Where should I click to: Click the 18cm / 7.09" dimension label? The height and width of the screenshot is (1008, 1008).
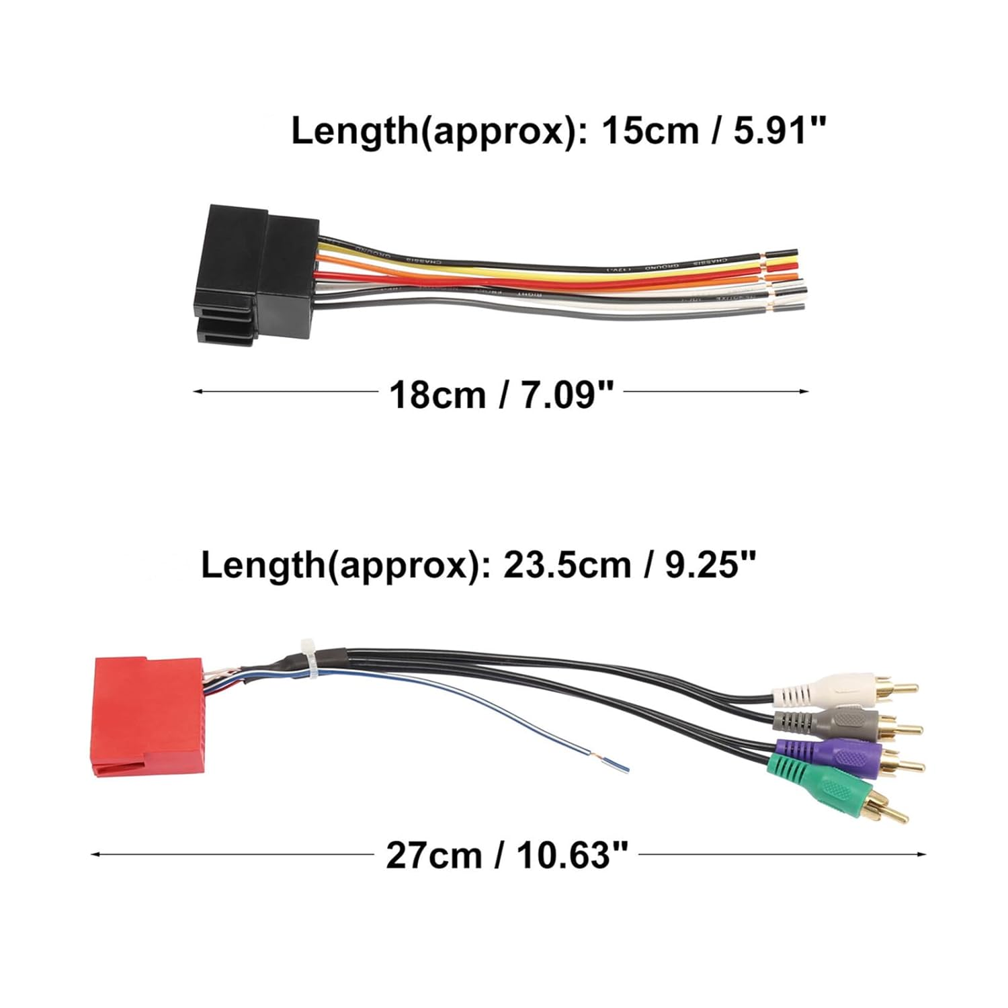[501, 394]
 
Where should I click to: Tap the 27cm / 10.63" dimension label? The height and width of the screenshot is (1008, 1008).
[507, 855]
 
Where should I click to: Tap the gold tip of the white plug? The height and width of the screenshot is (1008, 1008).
[900, 688]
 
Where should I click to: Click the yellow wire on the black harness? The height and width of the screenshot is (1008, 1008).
[538, 271]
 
